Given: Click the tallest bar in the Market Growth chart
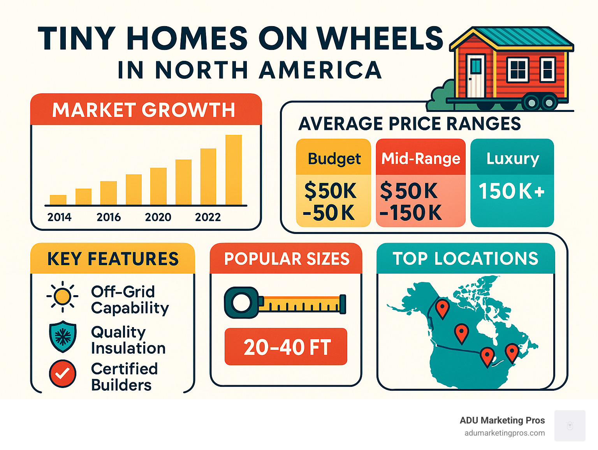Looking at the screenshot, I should (x=234, y=170).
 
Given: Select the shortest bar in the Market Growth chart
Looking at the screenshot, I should (x=58, y=200).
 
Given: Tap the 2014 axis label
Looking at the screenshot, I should (x=59, y=217).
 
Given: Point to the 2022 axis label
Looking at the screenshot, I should (x=208, y=217).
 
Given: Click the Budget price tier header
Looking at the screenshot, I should (x=334, y=159).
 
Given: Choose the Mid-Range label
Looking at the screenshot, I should (x=420, y=159).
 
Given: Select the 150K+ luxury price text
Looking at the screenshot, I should (x=511, y=191).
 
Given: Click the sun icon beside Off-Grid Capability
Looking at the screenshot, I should (x=62, y=296).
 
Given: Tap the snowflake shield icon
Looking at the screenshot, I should (x=62, y=336).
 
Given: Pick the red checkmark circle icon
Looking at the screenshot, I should (x=62, y=374).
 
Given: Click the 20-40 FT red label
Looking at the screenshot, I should (x=286, y=347).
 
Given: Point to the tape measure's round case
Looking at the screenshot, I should (x=241, y=303).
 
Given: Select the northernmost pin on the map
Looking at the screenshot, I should (x=442, y=308).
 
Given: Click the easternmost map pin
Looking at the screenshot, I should (x=512, y=352).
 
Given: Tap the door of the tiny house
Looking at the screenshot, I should (x=475, y=76).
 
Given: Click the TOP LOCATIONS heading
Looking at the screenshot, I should (x=465, y=259).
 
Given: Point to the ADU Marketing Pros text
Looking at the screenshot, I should (x=502, y=420).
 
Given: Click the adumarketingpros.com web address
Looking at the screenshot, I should (x=505, y=433).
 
